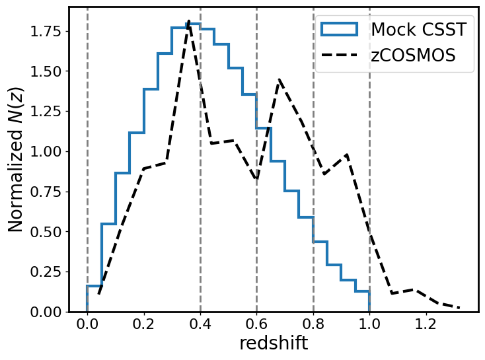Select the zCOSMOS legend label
pos(413,55)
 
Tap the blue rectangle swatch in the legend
pos(339,29)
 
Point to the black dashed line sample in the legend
pos(339,55)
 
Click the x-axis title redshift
pos(274,343)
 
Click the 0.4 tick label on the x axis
pos(200,326)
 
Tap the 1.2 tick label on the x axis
pos(426,326)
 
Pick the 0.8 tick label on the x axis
pos(313,326)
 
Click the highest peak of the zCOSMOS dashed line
pos(189,21)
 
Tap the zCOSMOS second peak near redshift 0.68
pos(280,80)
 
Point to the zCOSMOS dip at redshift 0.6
pos(256,180)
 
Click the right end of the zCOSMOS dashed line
pos(459,308)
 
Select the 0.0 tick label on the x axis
pos(87,326)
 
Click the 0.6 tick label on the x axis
pos(256,326)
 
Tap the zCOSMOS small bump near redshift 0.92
pos(347,155)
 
